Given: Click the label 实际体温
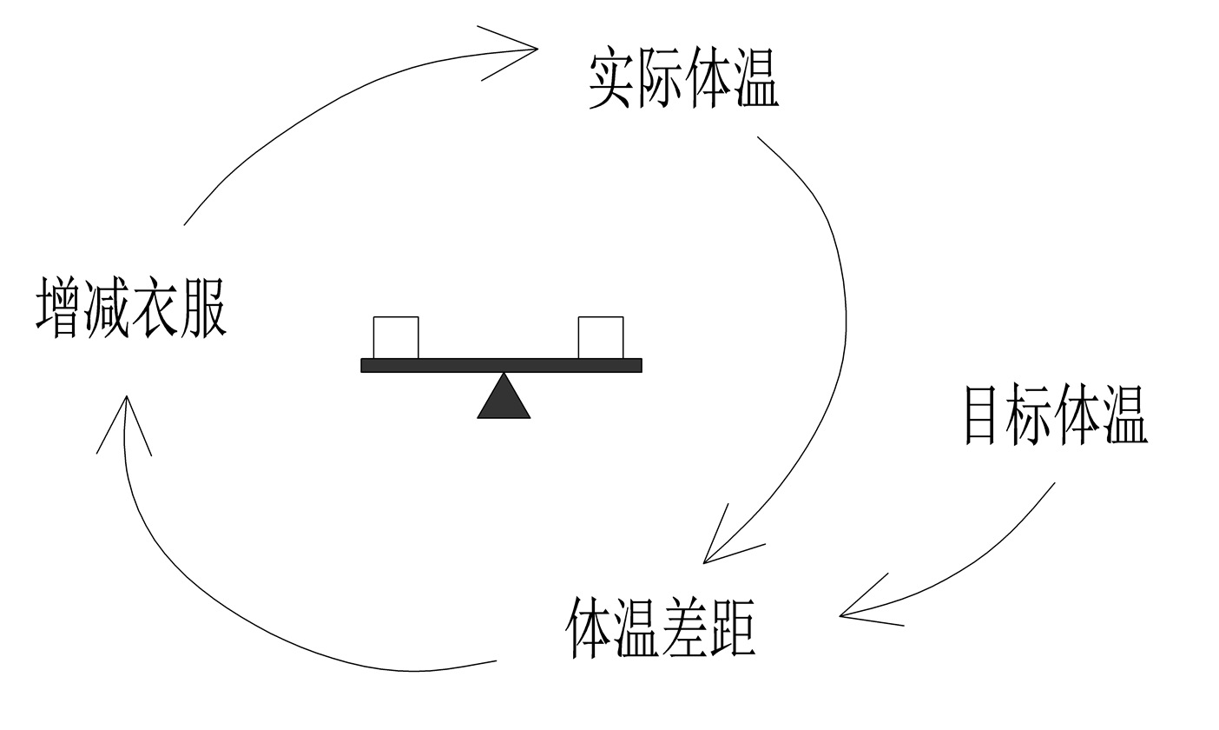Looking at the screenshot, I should pos(683,80).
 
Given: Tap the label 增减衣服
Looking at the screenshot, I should pos(131,308).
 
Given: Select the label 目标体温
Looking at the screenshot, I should pos(1057,415).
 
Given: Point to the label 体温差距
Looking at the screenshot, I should pos(662,627).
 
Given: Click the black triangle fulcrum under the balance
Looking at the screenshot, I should pos(504,399).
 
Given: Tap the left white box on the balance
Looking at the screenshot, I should pos(396,337).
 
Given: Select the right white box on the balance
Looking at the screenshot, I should pos(601,337).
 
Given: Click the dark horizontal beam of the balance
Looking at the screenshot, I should pos(501,365).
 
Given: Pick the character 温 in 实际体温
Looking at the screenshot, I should pos(755,80).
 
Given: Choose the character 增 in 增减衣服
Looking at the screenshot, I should pos(59,308).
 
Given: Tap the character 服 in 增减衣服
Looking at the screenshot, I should pos(203,308).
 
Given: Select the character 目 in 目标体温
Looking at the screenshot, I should pos(986,415).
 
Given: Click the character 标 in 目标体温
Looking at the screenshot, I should pos(1033,415).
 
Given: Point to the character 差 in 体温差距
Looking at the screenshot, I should pos(686,627).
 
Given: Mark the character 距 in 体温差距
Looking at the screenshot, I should pos(733,627).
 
